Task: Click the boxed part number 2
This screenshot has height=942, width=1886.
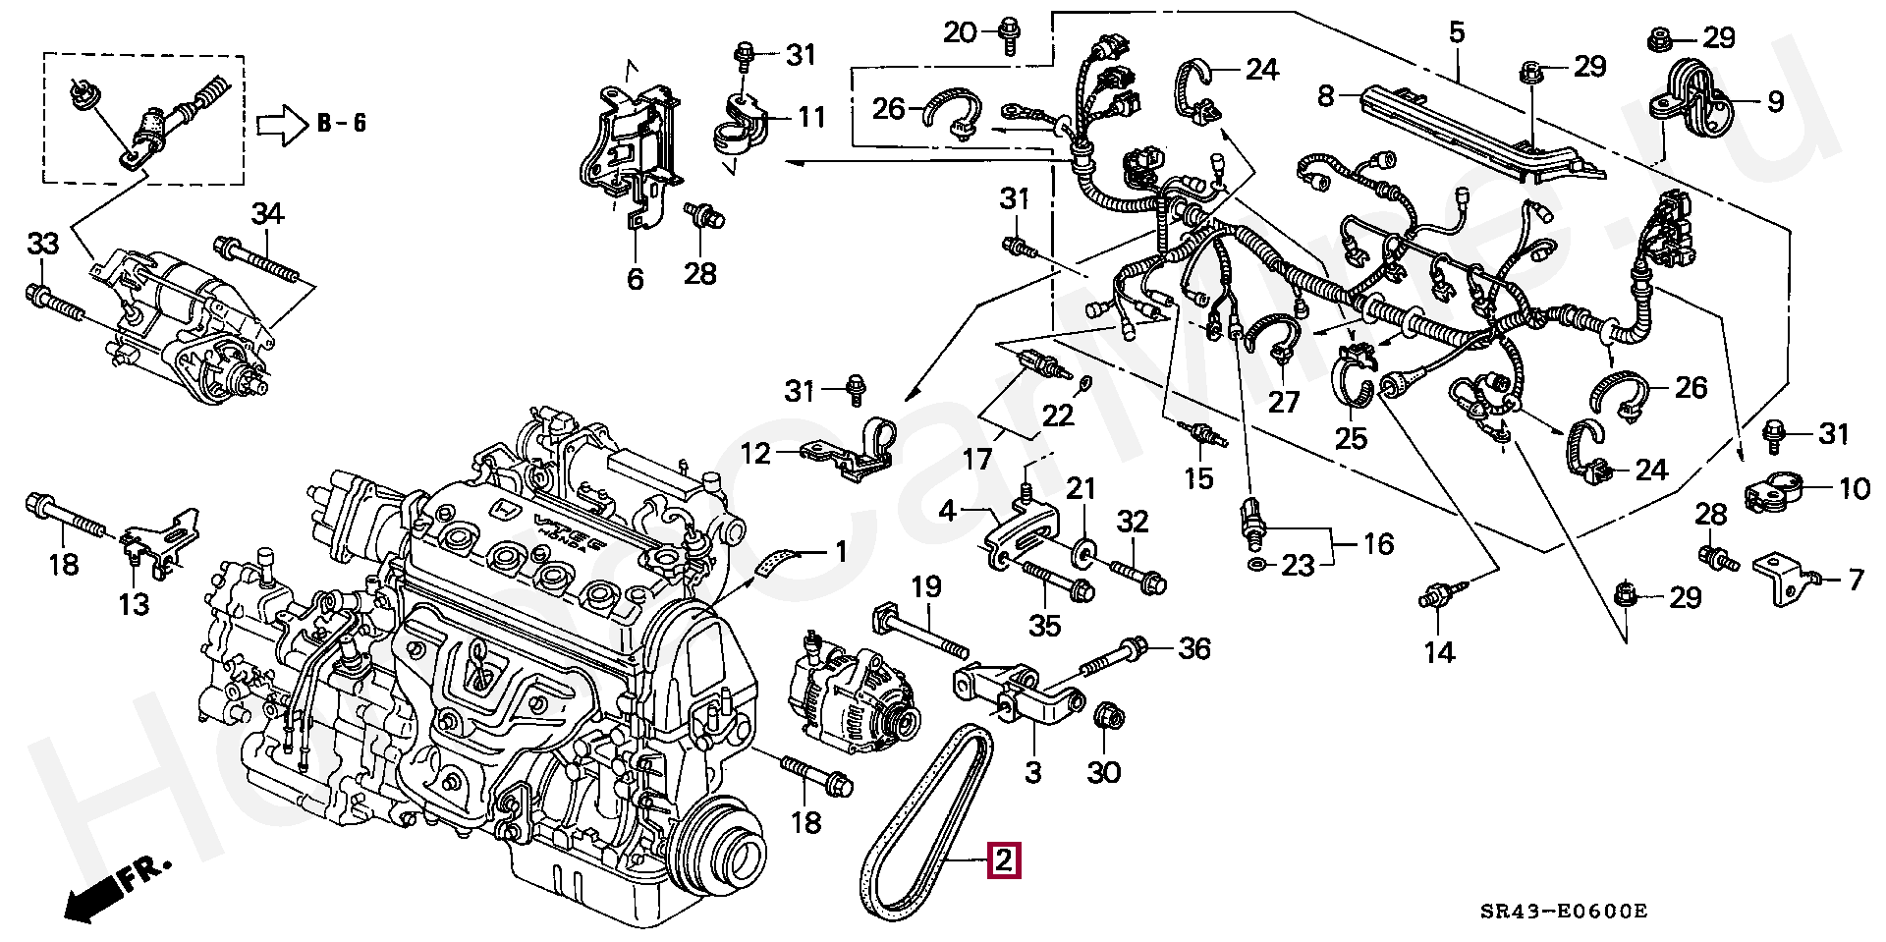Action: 1004,860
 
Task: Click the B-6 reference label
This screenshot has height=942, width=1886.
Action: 342,124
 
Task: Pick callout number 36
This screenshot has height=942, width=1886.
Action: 1194,648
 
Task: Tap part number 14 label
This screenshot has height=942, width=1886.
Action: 1439,651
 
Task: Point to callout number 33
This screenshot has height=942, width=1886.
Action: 42,243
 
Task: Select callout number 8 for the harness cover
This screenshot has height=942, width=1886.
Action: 1326,96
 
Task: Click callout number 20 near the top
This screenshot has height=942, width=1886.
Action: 961,32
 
